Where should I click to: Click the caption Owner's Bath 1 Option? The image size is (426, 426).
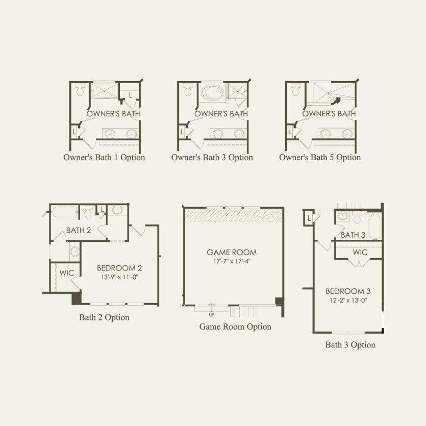pos(104,158)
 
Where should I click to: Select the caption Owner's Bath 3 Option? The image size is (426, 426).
pos(212,158)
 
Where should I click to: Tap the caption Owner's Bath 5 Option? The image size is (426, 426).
pos(320,158)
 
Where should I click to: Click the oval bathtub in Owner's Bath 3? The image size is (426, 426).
pos(212,92)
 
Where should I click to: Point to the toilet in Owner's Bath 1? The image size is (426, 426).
pos(80,89)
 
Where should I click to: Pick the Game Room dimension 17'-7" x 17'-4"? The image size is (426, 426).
pos(232,261)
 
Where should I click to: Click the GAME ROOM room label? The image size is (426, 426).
pos(232,253)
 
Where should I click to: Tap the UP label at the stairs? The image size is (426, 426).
pos(211,315)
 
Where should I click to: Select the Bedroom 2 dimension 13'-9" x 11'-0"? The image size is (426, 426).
pos(119,277)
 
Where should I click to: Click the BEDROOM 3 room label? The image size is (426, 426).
pos(348,291)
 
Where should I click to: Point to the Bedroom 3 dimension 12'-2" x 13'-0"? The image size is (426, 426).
pos(348,300)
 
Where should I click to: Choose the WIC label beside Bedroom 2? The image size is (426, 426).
pos(67,273)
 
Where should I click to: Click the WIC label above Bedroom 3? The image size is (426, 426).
pos(360,253)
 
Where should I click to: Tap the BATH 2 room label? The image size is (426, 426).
pos(79,231)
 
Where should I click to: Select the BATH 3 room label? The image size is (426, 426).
pos(353,235)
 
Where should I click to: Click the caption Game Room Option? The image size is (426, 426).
pos(235,327)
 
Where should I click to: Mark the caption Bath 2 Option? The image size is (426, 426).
pos(104,317)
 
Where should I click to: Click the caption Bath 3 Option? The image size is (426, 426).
pos(350,345)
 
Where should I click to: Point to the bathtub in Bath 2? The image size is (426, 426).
pos(64,212)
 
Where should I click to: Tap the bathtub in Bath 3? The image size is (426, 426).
pos(375,227)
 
